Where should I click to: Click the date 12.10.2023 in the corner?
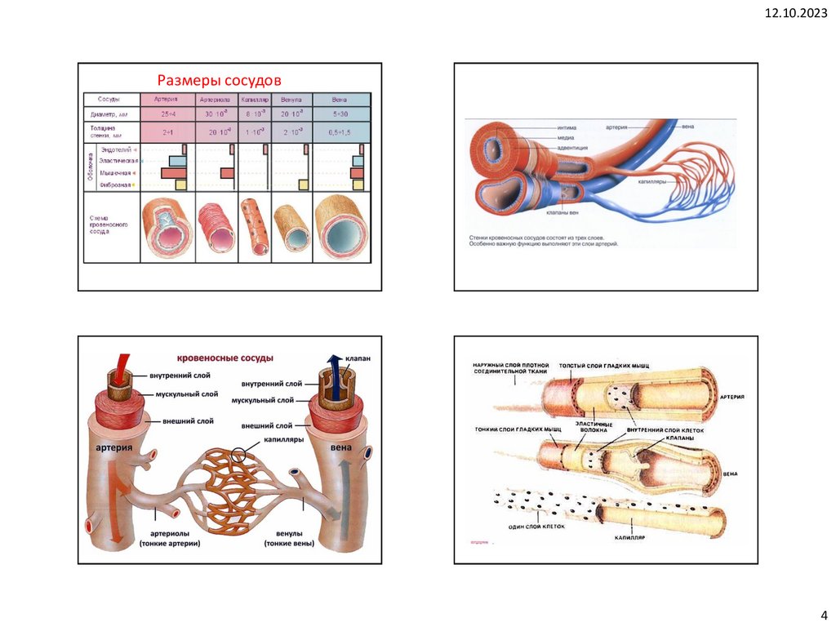tap(795, 12)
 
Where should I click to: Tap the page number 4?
tap(822, 615)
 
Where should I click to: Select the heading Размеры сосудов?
tap(219, 80)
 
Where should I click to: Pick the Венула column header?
tap(291, 99)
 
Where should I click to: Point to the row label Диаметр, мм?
tap(107, 114)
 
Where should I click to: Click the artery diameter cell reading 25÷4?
tap(169, 114)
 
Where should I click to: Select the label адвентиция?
tap(576, 148)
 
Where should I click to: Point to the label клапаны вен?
tap(563, 213)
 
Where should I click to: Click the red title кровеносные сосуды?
tap(225, 358)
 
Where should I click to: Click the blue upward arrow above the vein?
tap(333, 366)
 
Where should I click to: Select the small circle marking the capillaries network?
tap(238, 454)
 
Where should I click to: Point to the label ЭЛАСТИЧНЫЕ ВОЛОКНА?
tap(594, 426)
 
